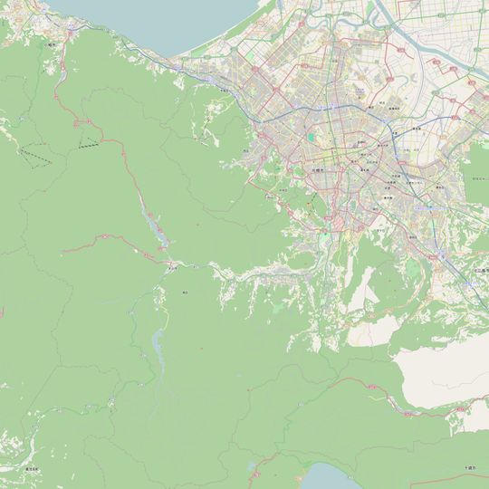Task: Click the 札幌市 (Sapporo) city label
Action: pos(319,168)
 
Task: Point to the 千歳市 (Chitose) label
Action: pos(470,467)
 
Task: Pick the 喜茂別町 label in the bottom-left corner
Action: pos(32,468)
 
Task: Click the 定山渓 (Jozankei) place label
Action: pos(170,268)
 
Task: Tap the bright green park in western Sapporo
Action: pos(312,138)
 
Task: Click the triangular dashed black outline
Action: pos(36,156)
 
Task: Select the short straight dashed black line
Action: pos(89,145)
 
